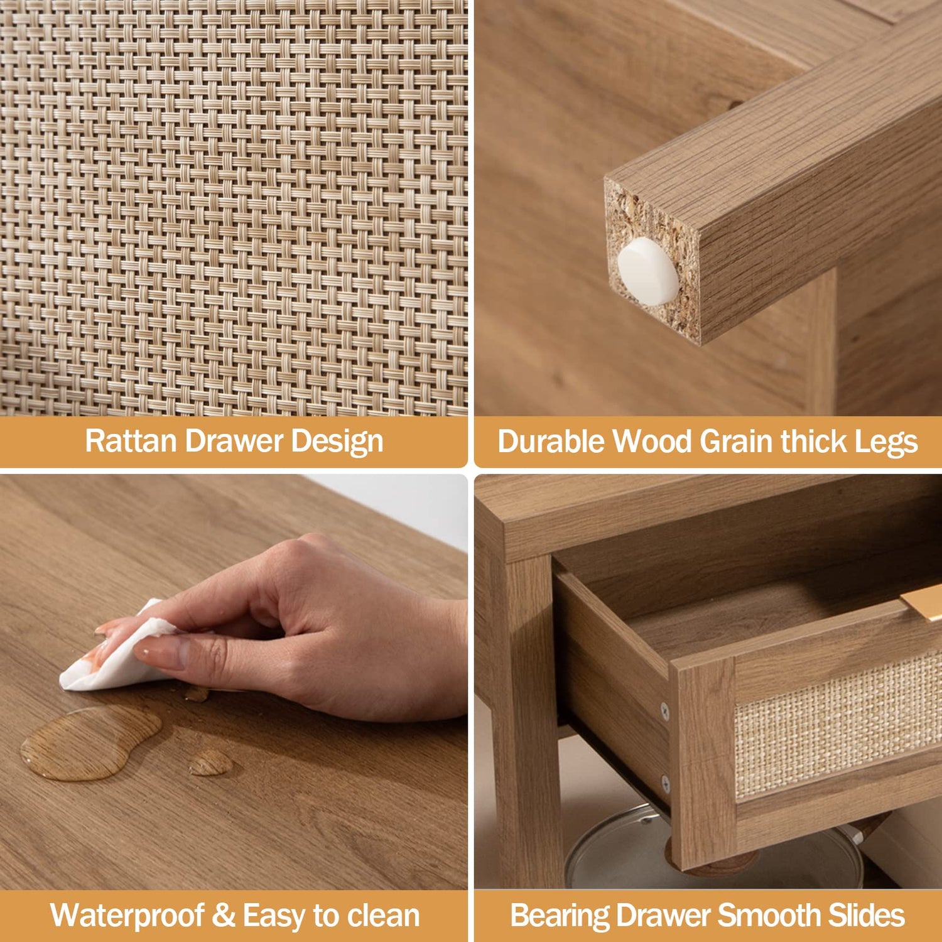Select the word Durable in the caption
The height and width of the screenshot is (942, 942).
(551, 441)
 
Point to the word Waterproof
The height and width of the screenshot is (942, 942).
(127, 916)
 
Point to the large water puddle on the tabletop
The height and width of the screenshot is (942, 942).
(91, 743)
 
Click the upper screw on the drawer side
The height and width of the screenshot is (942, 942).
(664, 710)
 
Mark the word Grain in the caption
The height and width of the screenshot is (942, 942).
(737, 442)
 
